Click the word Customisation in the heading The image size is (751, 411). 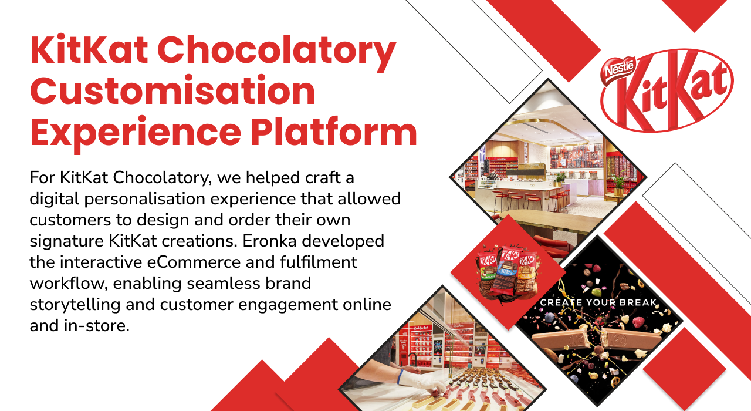[172, 91]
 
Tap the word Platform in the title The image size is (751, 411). [334, 132]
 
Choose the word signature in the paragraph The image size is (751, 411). [66, 241]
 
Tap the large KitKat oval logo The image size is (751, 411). [667, 90]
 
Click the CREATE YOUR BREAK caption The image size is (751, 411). [598, 302]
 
